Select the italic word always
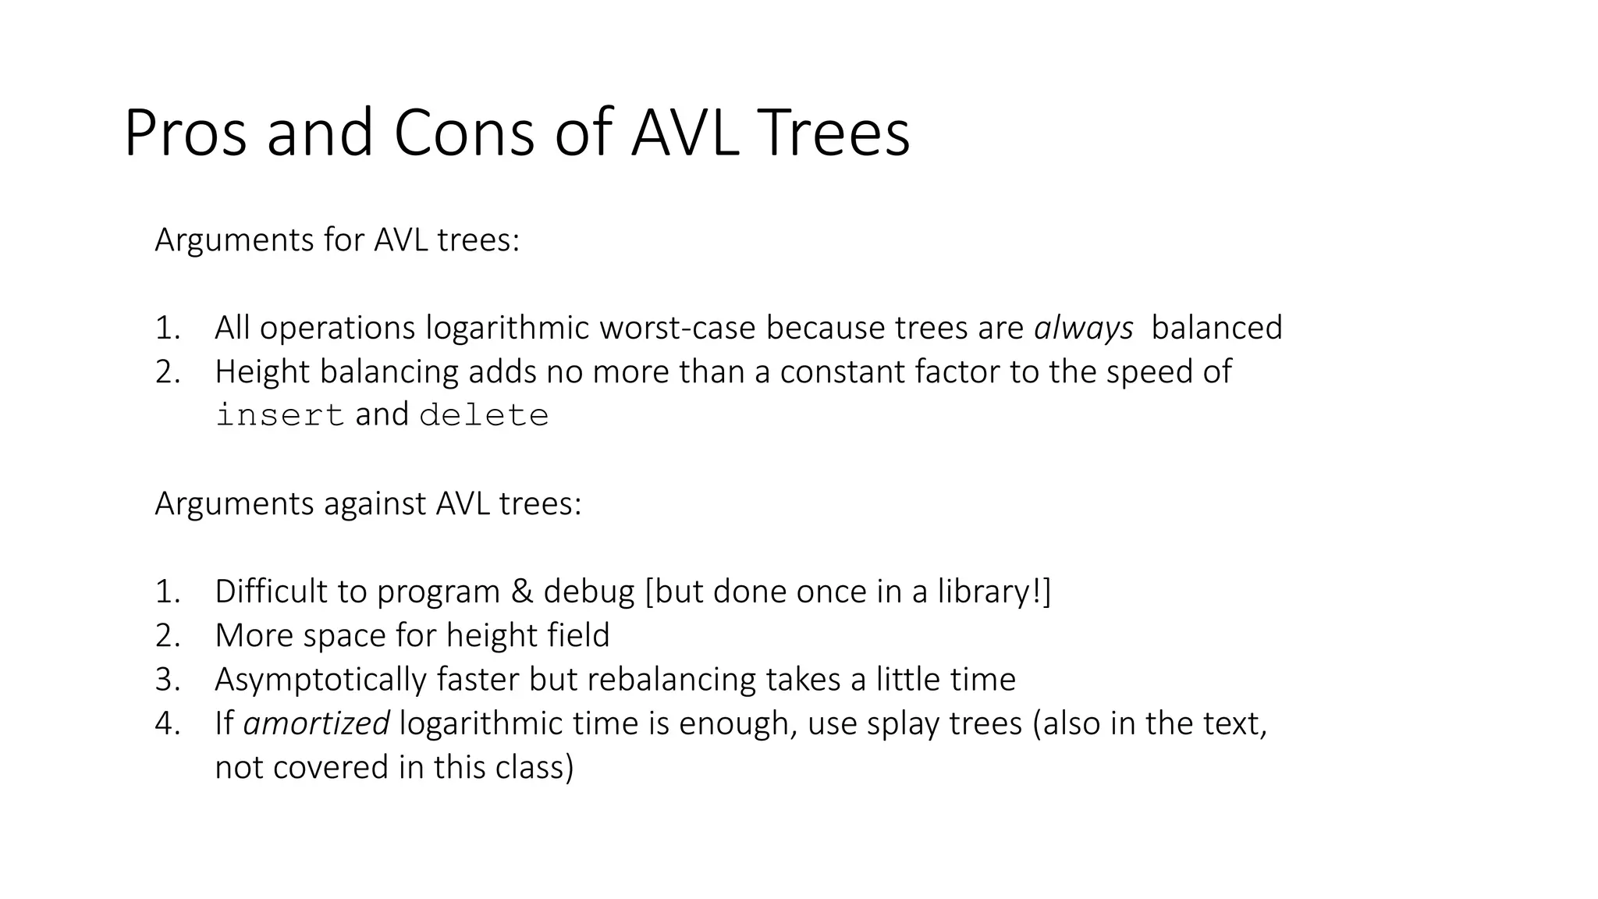coord(1083,328)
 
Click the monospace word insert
coord(279,415)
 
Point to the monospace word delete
coord(484,415)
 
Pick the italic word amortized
coord(316,724)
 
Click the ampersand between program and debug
coord(521,592)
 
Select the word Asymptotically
coord(321,680)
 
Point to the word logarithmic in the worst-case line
coord(507,328)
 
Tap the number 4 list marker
coord(167,724)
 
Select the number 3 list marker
coord(167,680)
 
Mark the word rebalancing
coord(671,680)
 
